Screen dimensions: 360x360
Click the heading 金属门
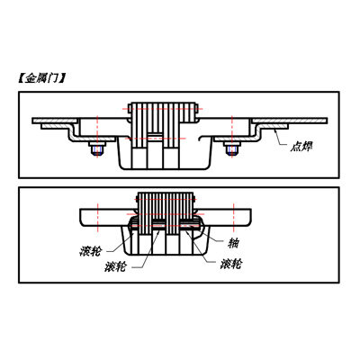41,78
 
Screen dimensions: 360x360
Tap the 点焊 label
301,147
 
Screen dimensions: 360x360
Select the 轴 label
233,243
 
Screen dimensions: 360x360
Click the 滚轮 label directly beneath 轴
230,265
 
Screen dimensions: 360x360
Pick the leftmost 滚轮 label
91,251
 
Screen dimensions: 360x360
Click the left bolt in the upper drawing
97,148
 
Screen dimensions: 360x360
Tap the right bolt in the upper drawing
232,148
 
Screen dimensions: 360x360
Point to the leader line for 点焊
280,138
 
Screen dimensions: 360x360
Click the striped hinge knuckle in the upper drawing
163,125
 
